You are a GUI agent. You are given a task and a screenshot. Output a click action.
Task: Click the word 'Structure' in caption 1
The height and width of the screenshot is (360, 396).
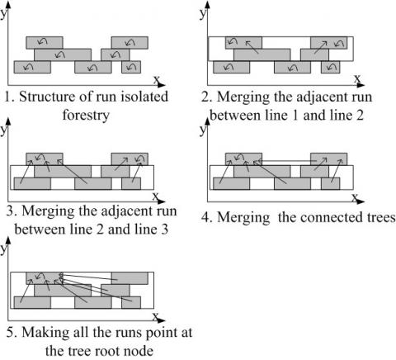pos(47,97)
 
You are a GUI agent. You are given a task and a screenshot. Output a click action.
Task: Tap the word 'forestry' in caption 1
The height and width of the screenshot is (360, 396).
pos(86,115)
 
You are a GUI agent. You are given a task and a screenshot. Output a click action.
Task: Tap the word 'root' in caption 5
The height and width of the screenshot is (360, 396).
pos(106,351)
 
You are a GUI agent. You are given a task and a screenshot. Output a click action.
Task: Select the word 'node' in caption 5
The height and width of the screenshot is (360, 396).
pos(139,351)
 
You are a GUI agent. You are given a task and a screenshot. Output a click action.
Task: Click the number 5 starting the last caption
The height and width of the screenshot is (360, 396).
pos(10,333)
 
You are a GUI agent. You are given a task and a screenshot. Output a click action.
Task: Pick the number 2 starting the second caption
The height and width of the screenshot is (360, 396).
pos(205,97)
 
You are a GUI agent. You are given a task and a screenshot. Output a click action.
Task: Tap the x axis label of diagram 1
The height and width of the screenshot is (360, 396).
pos(157,79)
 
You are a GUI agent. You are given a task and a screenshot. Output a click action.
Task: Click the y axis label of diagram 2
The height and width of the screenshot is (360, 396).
pos(203,13)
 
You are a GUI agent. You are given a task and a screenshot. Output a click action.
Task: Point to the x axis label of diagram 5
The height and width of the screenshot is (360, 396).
pos(156,316)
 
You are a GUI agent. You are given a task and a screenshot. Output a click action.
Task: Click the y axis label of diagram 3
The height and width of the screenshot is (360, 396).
pos(3,130)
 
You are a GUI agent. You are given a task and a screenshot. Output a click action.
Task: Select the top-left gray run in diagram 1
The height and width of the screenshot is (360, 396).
pos(45,43)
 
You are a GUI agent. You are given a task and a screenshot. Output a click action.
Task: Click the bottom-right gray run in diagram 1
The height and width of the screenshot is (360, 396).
pos(131,67)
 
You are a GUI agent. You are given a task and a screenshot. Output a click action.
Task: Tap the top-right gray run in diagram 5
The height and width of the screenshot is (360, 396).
pos(130,278)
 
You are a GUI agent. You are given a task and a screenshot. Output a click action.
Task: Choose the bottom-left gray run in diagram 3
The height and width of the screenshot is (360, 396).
pos(32,183)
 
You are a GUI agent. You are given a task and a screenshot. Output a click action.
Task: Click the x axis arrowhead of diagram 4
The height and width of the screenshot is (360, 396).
pos(361,201)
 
